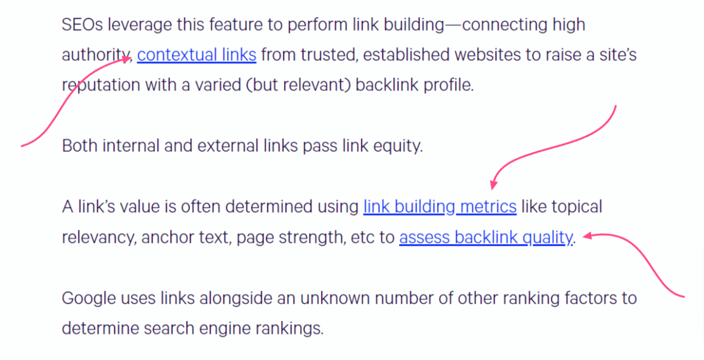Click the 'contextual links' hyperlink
click(197, 55)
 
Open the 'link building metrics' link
click(439, 207)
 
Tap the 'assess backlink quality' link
click(486, 237)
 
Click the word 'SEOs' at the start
click(82, 25)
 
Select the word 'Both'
click(80, 146)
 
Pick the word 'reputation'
click(101, 86)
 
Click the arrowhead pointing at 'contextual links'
click(127, 59)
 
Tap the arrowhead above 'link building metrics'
click(493, 185)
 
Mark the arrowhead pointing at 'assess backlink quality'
click(587, 236)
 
